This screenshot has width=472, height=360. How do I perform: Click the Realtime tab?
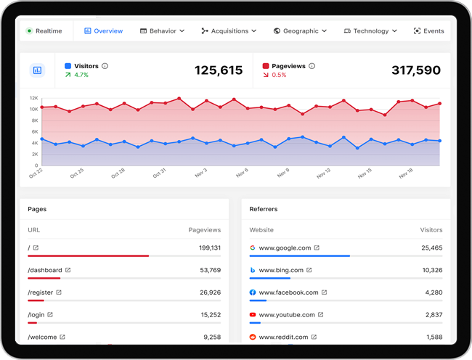(x=44, y=31)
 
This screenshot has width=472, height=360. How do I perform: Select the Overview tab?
(x=104, y=31)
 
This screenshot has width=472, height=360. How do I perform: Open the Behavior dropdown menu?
(x=162, y=31)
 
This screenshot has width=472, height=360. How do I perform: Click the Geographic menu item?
(x=300, y=31)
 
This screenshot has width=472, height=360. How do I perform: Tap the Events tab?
(x=428, y=31)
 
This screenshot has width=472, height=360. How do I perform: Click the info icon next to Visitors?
(x=105, y=66)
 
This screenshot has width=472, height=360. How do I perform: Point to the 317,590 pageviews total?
(x=416, y=70)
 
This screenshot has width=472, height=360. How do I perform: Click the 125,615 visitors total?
(x=219, y=70)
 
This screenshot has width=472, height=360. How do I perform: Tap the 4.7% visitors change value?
(x=81, y=75)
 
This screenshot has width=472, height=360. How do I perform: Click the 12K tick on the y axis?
(x=34, y=98)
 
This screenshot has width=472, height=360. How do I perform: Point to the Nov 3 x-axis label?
(x=200, y=173)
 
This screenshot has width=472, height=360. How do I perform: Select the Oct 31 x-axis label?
(x=159, y=173)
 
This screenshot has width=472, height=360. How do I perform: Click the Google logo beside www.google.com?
(x=253, y=247)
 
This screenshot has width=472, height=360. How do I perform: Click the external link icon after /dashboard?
(x=68, y=270)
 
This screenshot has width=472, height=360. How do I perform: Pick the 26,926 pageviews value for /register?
(x=210, y=292)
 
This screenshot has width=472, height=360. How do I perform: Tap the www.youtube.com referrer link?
(x=287, y=314)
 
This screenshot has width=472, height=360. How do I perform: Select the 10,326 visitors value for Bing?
(x=432, y=270)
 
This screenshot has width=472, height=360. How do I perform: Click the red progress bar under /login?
(x=32, y=323)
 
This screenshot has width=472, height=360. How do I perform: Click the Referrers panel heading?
(x=264, y=209)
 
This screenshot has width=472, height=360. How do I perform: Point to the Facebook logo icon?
(x=253, y=292)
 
